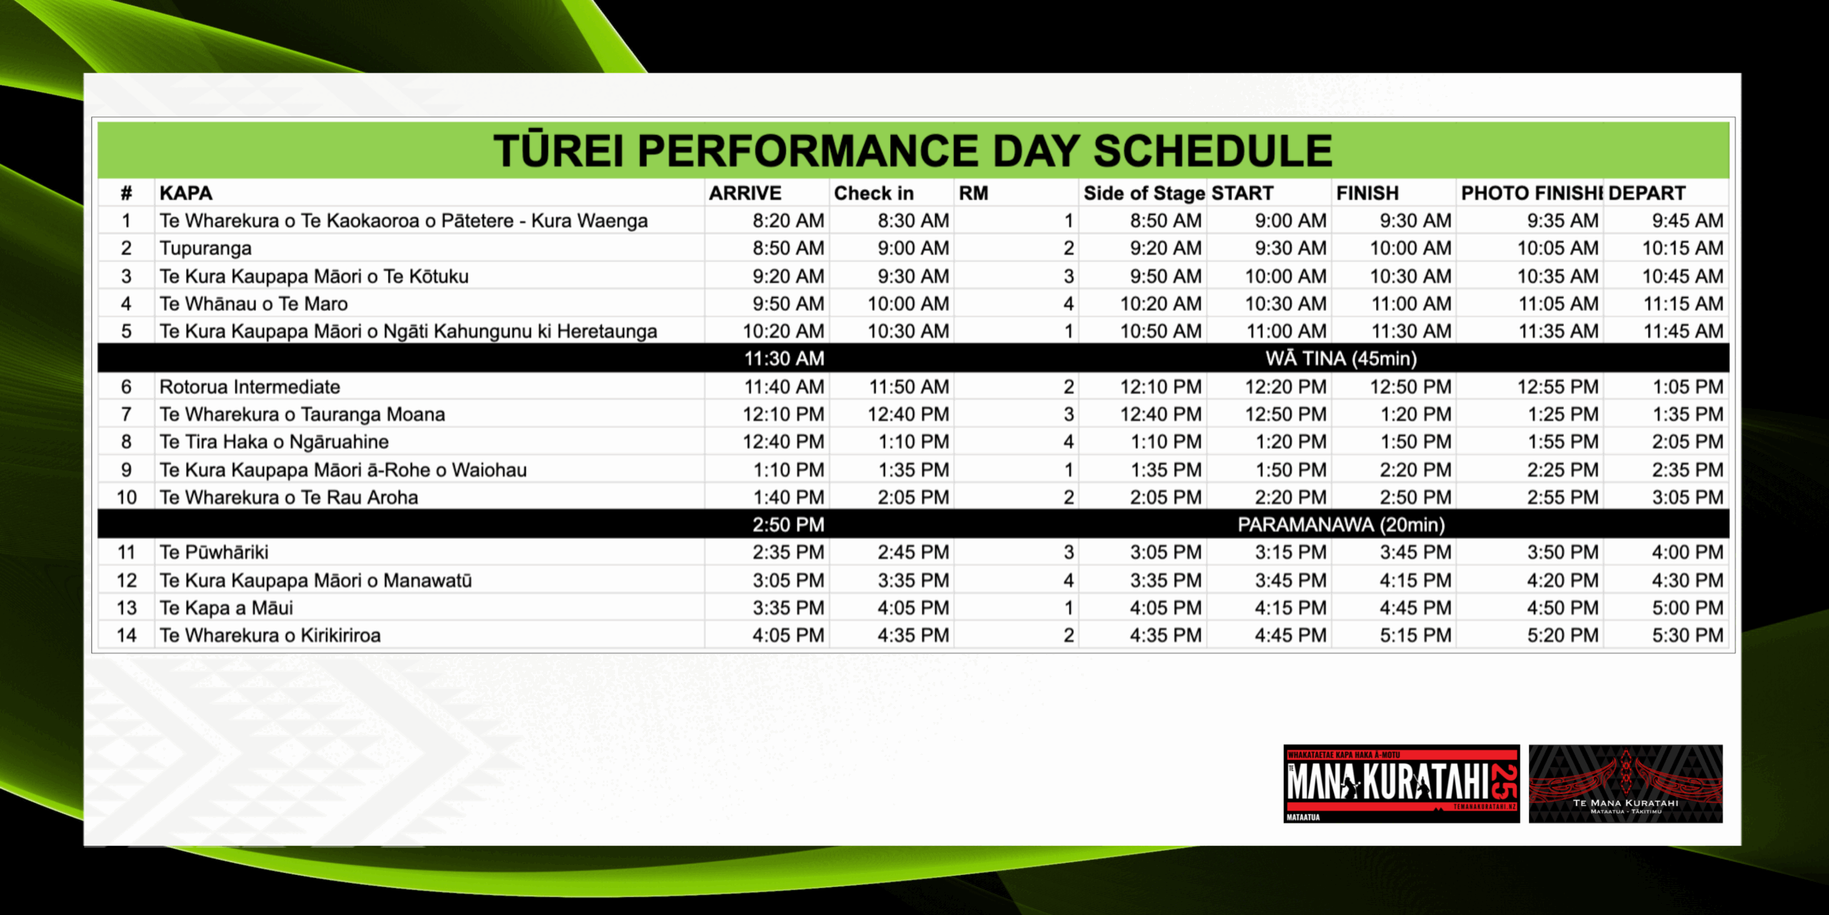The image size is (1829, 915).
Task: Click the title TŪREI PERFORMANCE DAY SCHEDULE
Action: coord(912,151)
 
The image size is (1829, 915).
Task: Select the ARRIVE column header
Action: coord(745,193)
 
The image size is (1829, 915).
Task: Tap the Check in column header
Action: coord(874,193)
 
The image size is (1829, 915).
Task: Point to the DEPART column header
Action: coord(1647,193)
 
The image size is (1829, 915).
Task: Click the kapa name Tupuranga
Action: coord(206,249)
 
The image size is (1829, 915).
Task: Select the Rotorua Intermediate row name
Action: coord(249,387)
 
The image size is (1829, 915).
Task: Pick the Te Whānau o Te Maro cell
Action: coord(254,304)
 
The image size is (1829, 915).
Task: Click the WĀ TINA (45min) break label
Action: coord(1341,358)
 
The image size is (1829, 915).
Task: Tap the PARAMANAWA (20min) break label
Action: coord(1341,525)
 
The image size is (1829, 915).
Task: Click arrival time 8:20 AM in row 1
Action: coord(788,221)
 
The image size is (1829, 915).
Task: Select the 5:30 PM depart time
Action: coord(1688,635)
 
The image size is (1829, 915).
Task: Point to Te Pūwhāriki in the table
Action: coord(214,552)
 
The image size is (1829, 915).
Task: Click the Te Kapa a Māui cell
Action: coord(226,608)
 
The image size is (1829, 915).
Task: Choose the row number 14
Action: coord(126,635)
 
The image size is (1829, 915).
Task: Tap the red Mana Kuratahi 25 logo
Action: coord(1401,783)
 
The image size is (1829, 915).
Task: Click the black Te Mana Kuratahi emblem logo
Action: coord(1625,783)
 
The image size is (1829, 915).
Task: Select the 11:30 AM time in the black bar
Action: coord(784,358)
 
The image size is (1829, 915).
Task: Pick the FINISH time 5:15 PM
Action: coord(1415,635)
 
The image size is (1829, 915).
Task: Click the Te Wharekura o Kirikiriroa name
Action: coord(270,635)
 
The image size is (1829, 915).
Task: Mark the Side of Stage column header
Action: coord(1144,193)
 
